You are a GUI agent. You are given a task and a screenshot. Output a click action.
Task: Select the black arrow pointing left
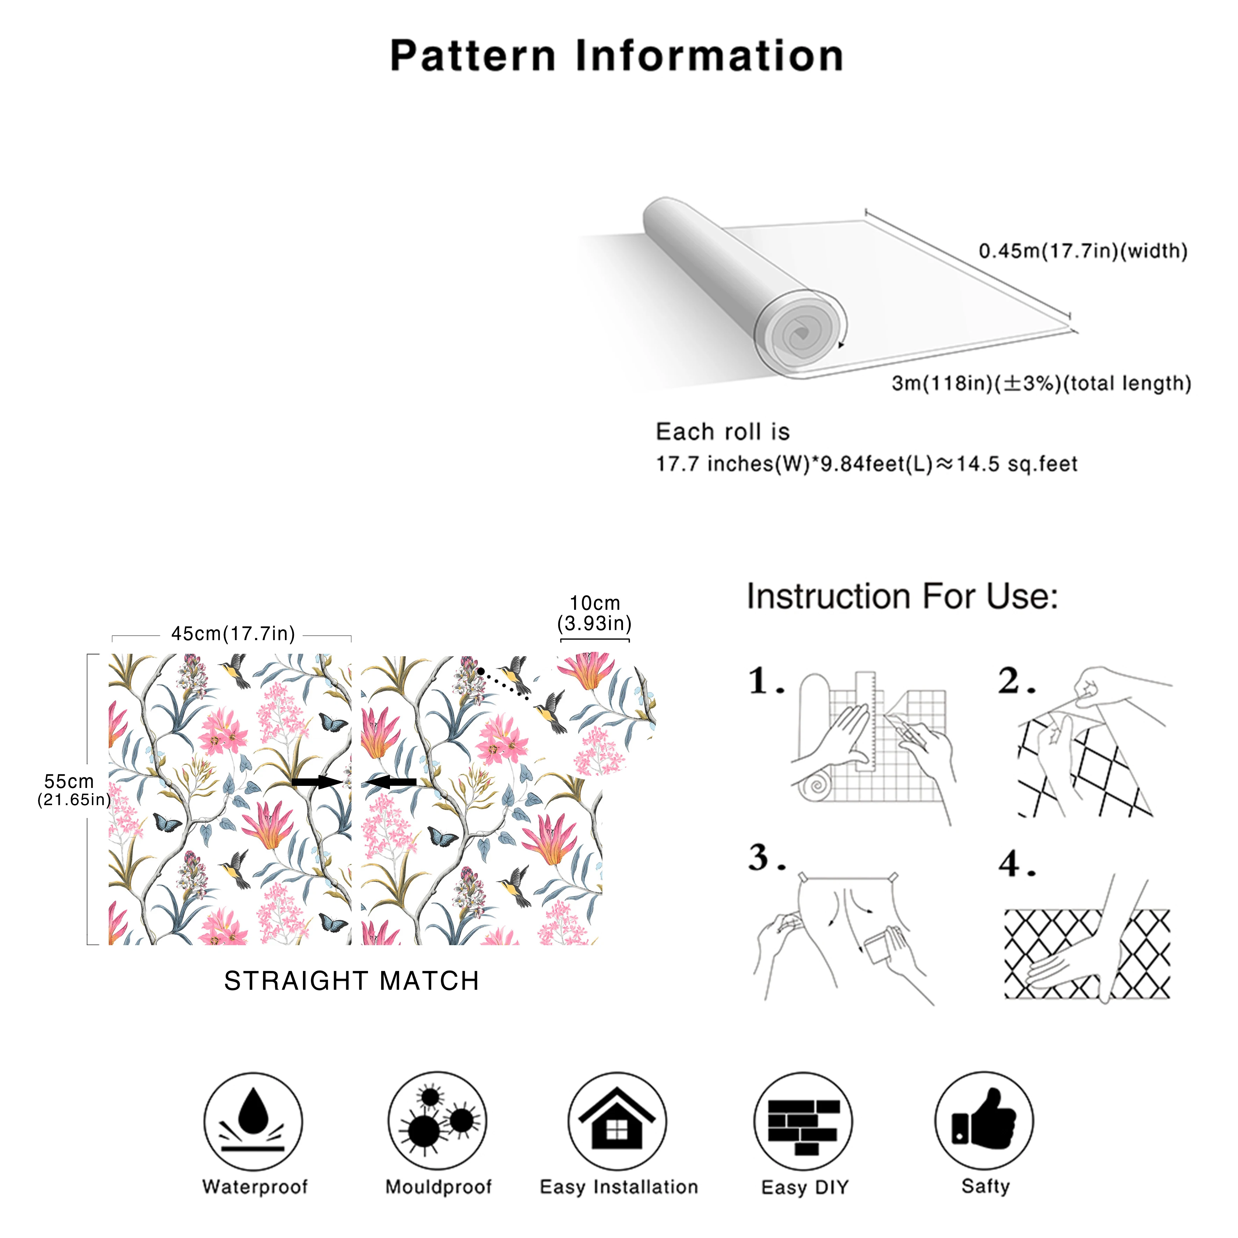[x=391, y=782]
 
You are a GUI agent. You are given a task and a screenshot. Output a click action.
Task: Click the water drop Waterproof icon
[x=253, y=1121]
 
